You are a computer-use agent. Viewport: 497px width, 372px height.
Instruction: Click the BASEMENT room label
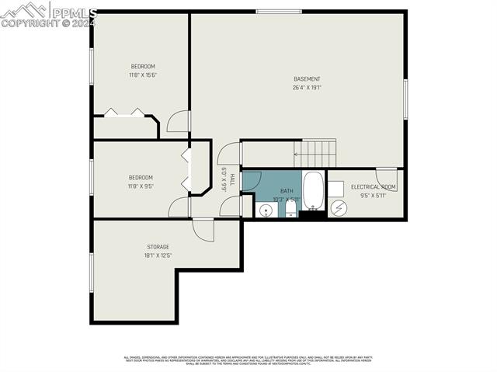click(x=307, y=78)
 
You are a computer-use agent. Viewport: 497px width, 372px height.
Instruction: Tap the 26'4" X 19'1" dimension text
click(x=307, y=88)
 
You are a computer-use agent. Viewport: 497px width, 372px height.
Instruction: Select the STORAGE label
click(x=158, y=247)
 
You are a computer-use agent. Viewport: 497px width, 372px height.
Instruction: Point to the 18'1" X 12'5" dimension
click(x=158, y=256)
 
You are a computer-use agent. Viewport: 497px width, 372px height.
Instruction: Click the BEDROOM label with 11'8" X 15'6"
click(x=143, y=66)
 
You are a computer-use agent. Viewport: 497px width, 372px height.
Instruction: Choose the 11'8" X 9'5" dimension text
click(x=141, y=186)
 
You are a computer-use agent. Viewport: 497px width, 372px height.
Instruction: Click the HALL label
click(x=231, y=179)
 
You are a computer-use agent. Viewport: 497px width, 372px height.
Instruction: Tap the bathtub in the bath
click(x=314, y=190)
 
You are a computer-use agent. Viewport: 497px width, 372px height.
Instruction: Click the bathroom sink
click(x=266, y=210)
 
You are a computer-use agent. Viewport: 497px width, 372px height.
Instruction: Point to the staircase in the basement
click(x=318, y=153)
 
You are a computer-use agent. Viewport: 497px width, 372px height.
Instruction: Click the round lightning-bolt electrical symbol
click(x=338, y=208)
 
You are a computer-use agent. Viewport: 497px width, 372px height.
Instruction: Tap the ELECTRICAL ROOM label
click(x=374, y=187)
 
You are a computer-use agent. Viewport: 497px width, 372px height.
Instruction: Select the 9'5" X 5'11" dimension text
click(x=374, y=196)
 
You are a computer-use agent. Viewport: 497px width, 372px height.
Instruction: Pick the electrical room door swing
click(x=387, y=178)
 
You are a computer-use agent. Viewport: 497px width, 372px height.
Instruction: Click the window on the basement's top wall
click(x=279, y=11)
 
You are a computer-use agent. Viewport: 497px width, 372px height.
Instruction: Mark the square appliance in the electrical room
click(x=335, y=189)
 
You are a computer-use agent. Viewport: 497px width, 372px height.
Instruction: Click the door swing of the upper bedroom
click(x=178, y=121)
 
